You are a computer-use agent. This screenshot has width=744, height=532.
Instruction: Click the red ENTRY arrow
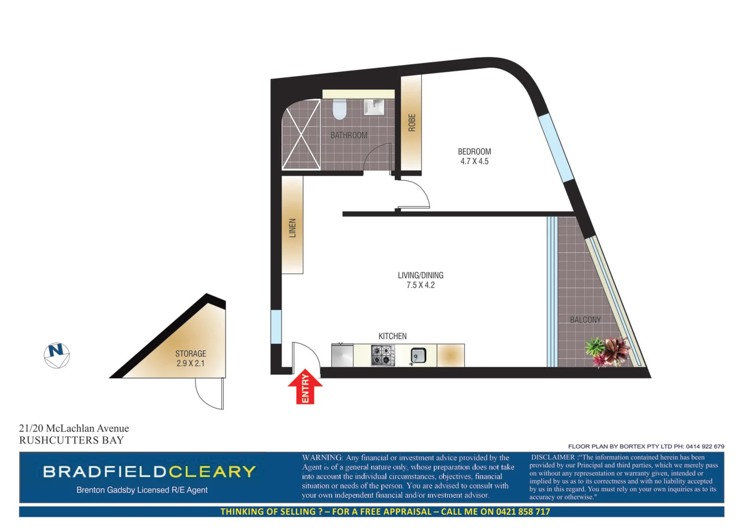click(305, 387)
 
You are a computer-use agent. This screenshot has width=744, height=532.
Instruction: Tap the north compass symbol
click(57, 355)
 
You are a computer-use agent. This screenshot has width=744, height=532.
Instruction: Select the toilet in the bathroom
click(340, 109)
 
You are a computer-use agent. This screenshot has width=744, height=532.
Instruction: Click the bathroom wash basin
click(374, 107)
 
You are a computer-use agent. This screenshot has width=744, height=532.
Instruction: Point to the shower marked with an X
click(301, 134)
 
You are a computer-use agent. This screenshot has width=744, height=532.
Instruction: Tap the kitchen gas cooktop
click(382, 355)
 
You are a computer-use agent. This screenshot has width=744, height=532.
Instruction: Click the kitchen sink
click(418, 355)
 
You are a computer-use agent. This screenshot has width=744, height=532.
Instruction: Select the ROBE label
click(412, 123)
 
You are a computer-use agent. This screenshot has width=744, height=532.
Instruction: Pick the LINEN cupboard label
click(292, 228)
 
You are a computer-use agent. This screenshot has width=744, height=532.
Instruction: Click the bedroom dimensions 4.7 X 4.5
click(474, 162)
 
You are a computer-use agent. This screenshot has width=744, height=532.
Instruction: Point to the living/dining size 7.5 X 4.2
click(420, 285)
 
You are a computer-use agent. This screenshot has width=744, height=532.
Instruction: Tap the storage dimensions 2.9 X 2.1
click(190, 364)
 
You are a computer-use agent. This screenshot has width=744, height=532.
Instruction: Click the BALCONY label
click(585, 320)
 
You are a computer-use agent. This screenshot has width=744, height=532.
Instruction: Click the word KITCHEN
click(392, 336)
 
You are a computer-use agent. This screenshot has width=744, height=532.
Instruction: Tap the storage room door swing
click(209, 394)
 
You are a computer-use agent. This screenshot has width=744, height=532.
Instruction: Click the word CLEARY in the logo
click(212, 472)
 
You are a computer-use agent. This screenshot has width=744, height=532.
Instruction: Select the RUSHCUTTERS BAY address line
click(71, 440)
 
